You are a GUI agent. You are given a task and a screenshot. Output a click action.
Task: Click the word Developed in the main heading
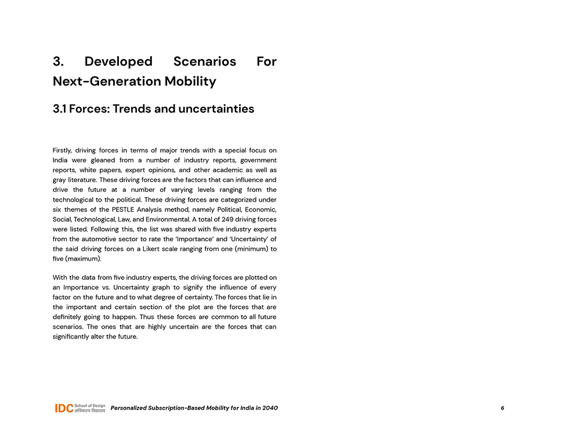tap(118, 61)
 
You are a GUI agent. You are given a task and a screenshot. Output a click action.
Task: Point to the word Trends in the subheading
tap(132, 109)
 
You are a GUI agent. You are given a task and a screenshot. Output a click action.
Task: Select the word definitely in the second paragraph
tap(69, 317)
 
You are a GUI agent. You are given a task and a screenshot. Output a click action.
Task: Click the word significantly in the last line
tap(72, 337)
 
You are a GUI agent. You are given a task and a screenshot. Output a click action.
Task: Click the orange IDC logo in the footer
tap(64, 408)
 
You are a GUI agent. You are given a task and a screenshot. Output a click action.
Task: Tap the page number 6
tap(502, 408)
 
